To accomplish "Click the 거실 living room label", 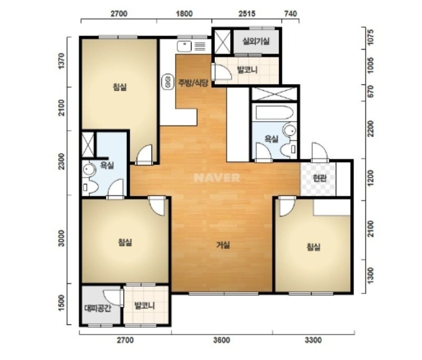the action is tap(223, 245).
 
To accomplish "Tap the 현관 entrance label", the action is tap(320, 178).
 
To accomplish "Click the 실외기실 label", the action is tap(256, 41).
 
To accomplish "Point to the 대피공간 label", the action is tap(97, 308).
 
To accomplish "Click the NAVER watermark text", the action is tap(216, 178).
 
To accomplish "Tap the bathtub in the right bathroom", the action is tap(274, 113).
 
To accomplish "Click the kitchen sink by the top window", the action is tap(184, 46).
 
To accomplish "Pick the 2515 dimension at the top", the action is tap(247, 13).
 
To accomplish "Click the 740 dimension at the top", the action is tap(290, 13).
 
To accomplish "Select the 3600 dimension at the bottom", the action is tap(222, 340).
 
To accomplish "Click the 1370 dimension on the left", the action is tap(62, 61).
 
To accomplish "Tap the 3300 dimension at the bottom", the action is tap(313, 340).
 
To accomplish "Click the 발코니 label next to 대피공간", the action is tap(145, 306).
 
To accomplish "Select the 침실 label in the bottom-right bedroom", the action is tap(313, 247).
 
